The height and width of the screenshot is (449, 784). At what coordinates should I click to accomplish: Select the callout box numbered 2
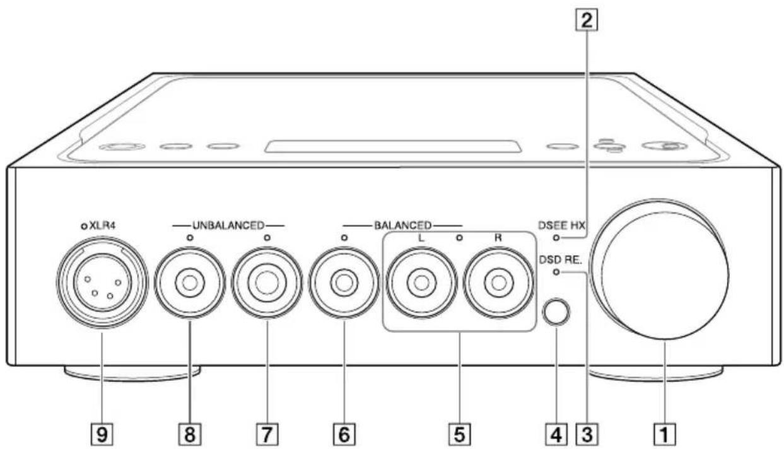point(588,21)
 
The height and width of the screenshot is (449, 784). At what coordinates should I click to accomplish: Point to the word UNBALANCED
point(228,224)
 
